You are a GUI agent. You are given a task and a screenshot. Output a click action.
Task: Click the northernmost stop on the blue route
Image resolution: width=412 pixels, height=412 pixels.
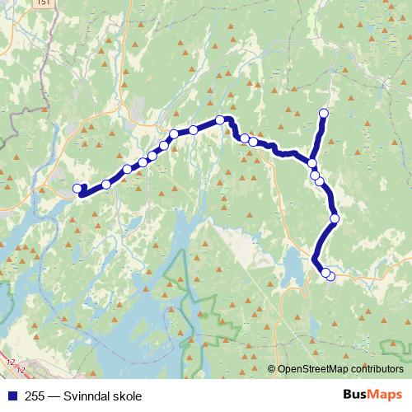(324, 113)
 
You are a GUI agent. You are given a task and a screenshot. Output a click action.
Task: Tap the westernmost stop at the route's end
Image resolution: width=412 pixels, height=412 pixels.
(78, 189)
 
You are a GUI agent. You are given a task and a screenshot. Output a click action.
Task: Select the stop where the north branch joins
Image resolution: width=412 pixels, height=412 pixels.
(313, 162)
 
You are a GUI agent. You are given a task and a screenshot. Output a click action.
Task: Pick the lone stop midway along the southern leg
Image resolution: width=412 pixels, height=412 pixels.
(335, 218)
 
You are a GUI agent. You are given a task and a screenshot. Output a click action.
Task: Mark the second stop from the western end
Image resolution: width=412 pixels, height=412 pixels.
(106, 184)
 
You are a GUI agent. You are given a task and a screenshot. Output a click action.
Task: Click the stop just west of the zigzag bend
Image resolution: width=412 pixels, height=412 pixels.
(220, 120)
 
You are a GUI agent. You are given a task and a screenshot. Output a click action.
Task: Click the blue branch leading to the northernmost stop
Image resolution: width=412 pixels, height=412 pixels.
(319, 136)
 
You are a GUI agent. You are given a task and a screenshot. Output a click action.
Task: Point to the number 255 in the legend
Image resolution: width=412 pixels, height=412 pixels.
(35, 395)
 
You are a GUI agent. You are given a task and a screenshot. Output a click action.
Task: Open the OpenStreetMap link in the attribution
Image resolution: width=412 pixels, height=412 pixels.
(309, 370)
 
